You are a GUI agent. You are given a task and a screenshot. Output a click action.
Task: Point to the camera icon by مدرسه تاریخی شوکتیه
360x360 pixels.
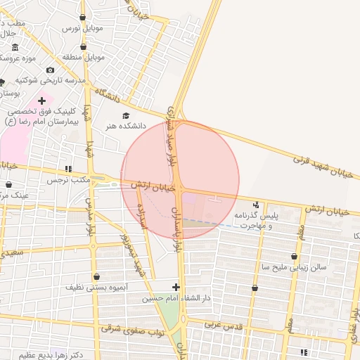[50, 70]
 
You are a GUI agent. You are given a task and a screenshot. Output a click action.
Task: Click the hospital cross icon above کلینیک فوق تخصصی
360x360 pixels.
[41, 101]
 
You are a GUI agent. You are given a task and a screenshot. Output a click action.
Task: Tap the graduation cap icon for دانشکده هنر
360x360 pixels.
[126, 115]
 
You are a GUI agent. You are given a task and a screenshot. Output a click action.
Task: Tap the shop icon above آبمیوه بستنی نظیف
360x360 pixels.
[96, 276]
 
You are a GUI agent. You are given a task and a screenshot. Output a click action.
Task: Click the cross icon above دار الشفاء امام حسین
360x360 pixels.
[176, 286]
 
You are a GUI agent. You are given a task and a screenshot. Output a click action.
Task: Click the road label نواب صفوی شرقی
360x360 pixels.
[132, 329]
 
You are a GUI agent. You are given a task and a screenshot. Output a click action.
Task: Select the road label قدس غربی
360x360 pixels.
[224, 325]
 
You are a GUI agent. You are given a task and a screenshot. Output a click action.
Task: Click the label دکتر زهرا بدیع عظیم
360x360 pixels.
[51, 355]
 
